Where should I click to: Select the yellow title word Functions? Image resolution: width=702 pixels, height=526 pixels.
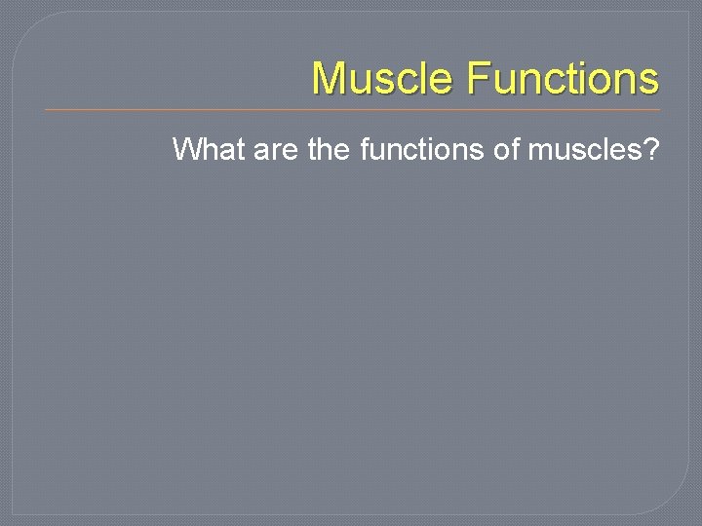563,79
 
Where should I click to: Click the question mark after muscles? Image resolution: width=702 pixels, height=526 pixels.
650,150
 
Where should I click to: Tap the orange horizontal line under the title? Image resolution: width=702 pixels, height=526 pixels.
351,109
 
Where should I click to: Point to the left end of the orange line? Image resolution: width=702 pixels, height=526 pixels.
47,109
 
